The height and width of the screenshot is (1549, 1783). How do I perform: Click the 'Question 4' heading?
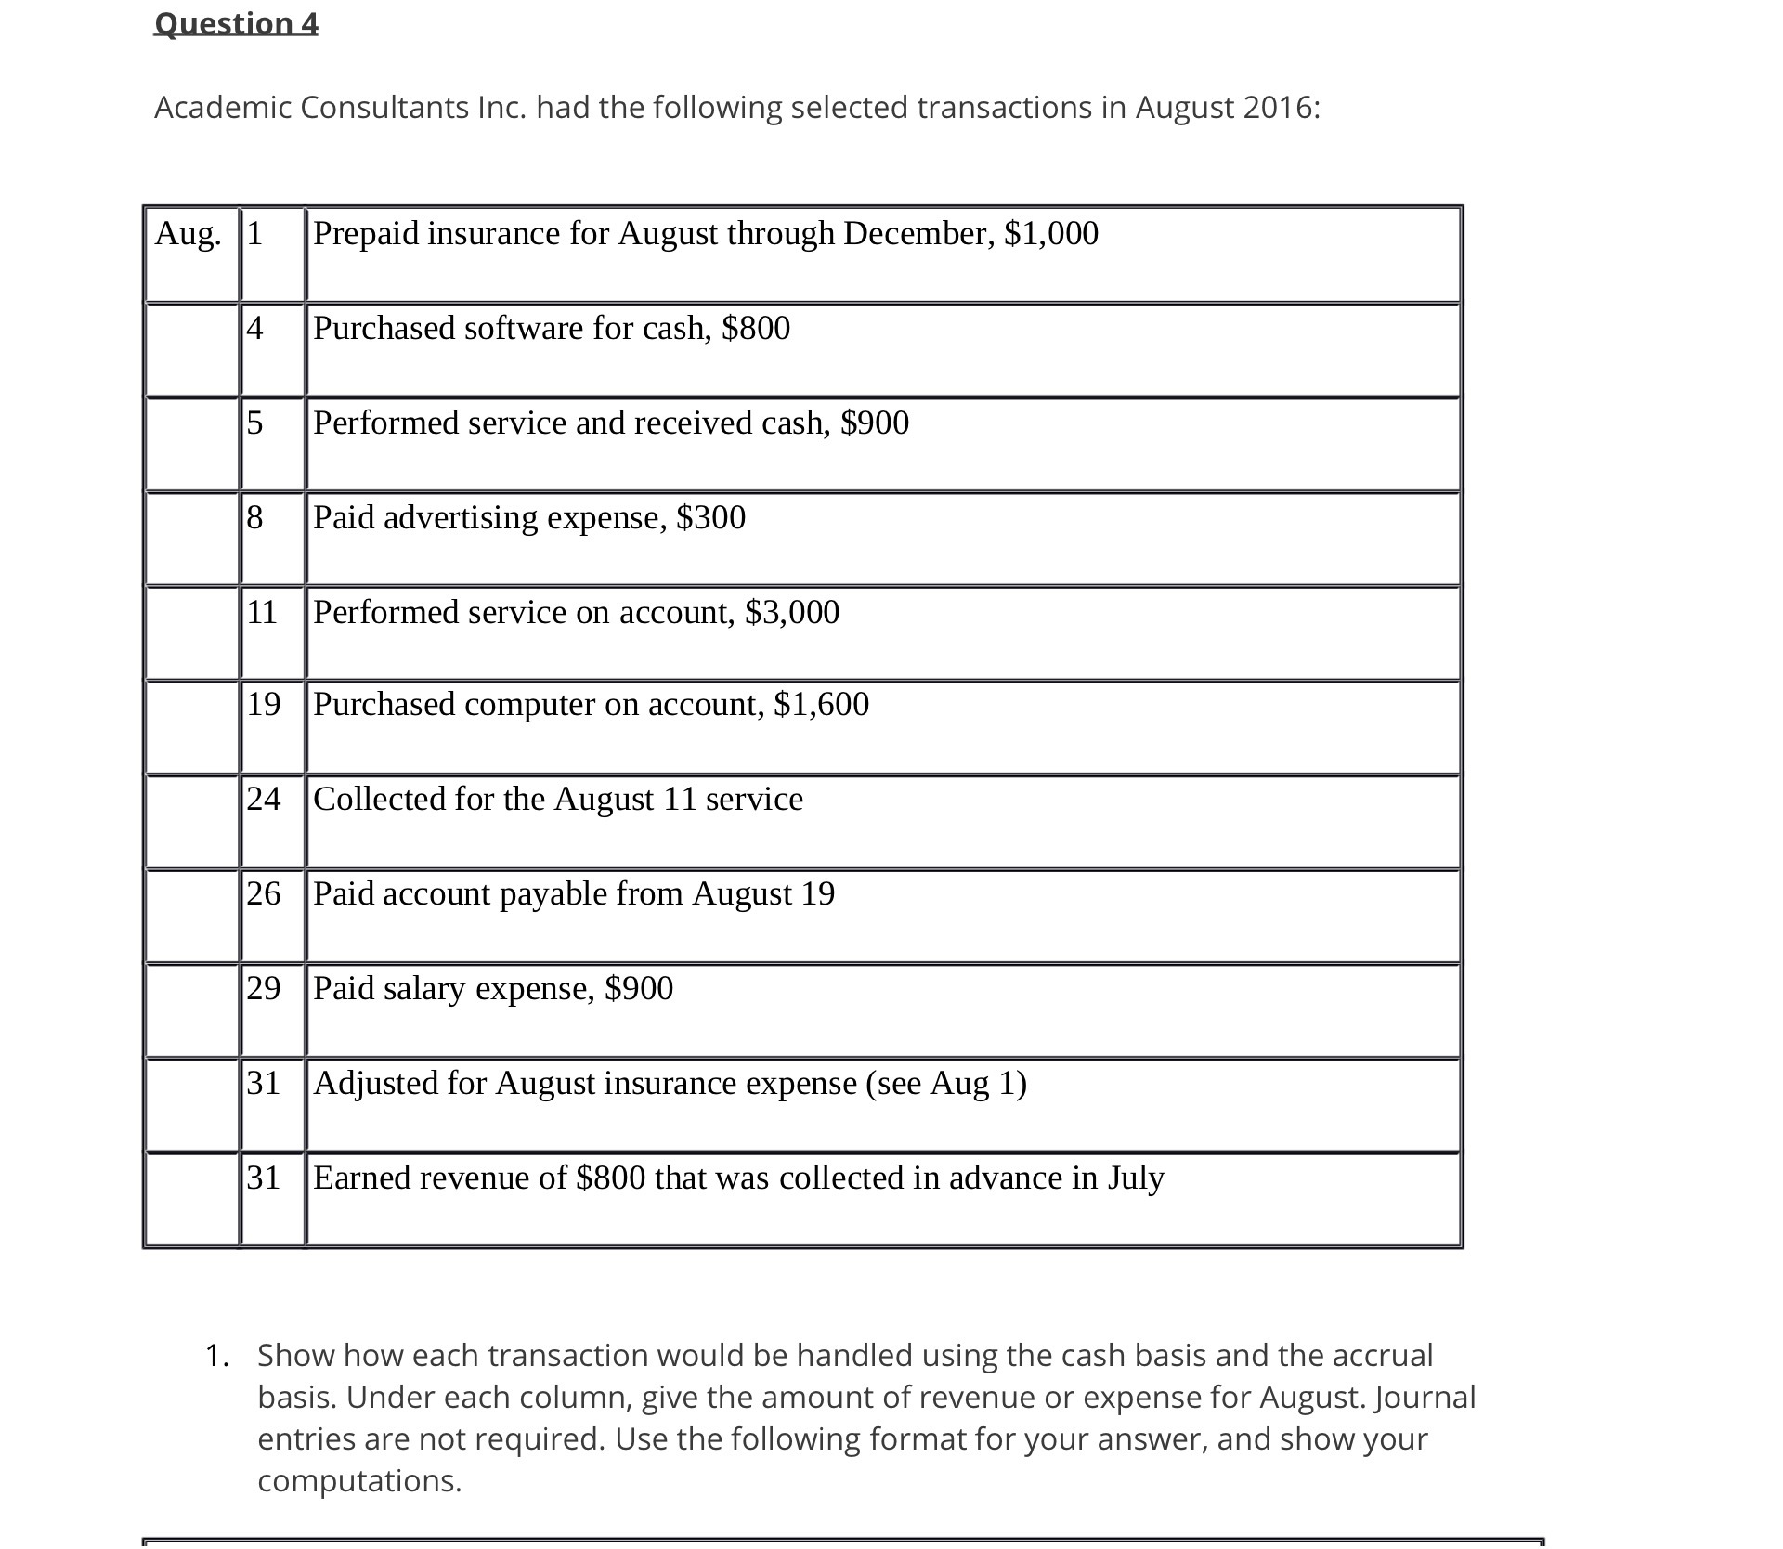point(236,23)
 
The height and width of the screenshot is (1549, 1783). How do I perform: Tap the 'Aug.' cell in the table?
point(189,233)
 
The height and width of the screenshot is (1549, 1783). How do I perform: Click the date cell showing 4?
point(254,328)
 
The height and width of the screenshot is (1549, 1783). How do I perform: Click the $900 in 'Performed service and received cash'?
point(875,423)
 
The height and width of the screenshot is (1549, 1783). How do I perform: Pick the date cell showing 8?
point(254,517)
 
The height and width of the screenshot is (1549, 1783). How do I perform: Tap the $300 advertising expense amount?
point(711,517)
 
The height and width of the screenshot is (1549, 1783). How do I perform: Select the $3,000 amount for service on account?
point(792,612)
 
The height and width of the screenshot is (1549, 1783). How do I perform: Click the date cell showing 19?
point(263,704)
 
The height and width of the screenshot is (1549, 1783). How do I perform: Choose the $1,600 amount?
point(822,704)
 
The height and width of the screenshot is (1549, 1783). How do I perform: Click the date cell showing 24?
point(263,799)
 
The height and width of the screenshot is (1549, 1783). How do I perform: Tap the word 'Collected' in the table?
point(379,799)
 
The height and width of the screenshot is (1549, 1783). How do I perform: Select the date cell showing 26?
point(263,893)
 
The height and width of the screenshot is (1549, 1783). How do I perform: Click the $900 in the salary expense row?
point(639,988)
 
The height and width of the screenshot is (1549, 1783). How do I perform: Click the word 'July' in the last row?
point(1136,1178)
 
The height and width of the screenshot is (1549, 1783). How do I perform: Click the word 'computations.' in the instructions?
point(359,1480)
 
